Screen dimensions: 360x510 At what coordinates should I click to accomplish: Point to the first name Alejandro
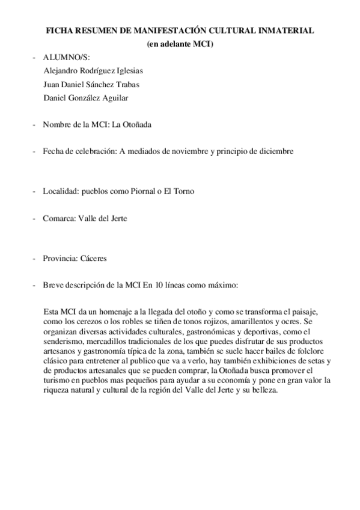pos(63,70)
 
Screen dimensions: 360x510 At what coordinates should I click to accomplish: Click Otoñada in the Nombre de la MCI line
pos(138,125)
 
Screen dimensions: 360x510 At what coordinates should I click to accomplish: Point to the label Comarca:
pos(59,218)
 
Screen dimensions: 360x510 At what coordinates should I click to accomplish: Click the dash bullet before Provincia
pos(34,258)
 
